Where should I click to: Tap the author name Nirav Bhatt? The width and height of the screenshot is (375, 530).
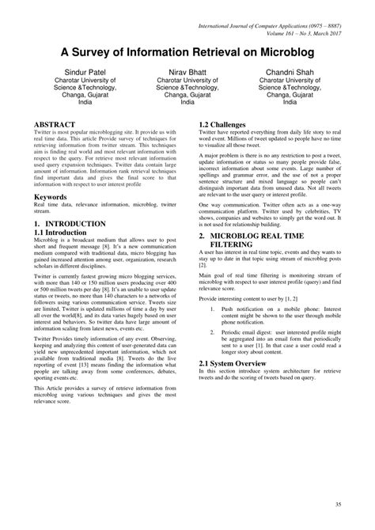(x=187, y=71)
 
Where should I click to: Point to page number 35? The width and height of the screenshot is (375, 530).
(x=338, y=505)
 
